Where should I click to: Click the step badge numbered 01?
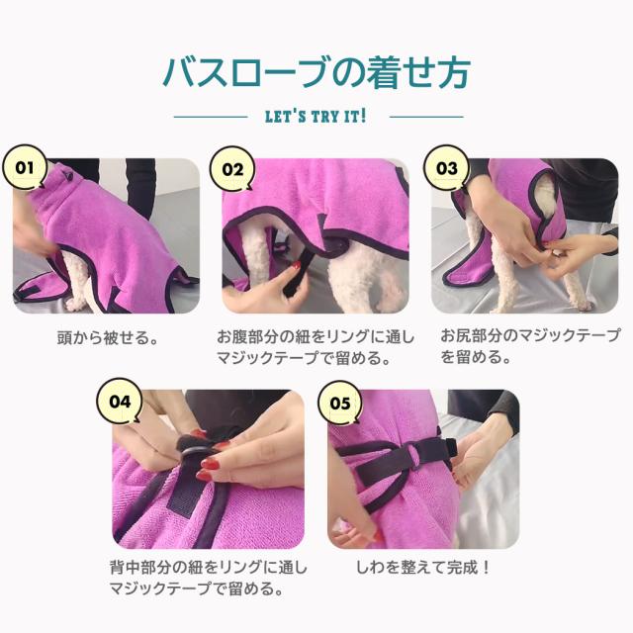point(24,167)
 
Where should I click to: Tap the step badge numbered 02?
point(232,169)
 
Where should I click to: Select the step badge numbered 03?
point(446,167)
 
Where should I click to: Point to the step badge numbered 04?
point(120,401)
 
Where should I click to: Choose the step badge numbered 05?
point(340,403)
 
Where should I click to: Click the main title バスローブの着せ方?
point(316,72)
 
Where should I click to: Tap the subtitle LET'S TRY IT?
point(316,117)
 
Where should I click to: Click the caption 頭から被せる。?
point(108,337)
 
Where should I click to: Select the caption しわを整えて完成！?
point(423,568)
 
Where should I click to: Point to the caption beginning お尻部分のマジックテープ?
point(530,346)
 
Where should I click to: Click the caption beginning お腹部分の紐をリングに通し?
point(316,347)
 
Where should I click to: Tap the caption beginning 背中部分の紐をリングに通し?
point(209,578)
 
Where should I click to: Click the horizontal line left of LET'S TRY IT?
point(211,117)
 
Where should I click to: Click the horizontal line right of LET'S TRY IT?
point(426,117)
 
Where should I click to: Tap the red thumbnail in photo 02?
point(297,265)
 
